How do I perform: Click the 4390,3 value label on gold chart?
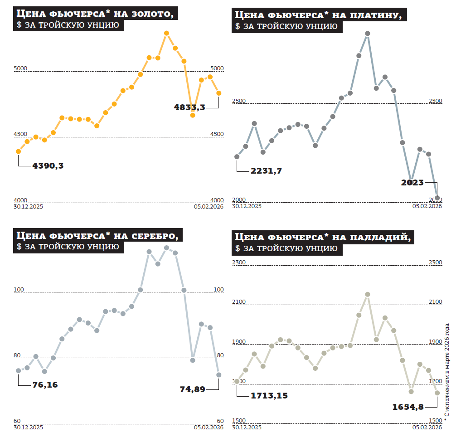[x=48, y=166]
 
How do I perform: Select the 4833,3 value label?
[x=189, y=107]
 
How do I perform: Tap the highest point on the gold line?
[x=166, y=33]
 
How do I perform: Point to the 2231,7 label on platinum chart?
[x=266, y=171]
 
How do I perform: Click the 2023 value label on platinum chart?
[x=412, y=183]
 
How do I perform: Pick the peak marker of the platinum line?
[x=368, y=34]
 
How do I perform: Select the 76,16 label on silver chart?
[x=45, y=385]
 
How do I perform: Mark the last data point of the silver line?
[x=218, y=375]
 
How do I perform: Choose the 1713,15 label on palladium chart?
[x=269, y=396]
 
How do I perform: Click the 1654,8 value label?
[x=408, y=407]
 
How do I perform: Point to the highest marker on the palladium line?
[x=368, y=294]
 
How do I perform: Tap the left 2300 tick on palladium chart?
[x=239, y=262]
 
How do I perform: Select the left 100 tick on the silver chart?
[x=19, y=290]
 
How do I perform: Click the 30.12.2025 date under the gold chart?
[x=28, y=206]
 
